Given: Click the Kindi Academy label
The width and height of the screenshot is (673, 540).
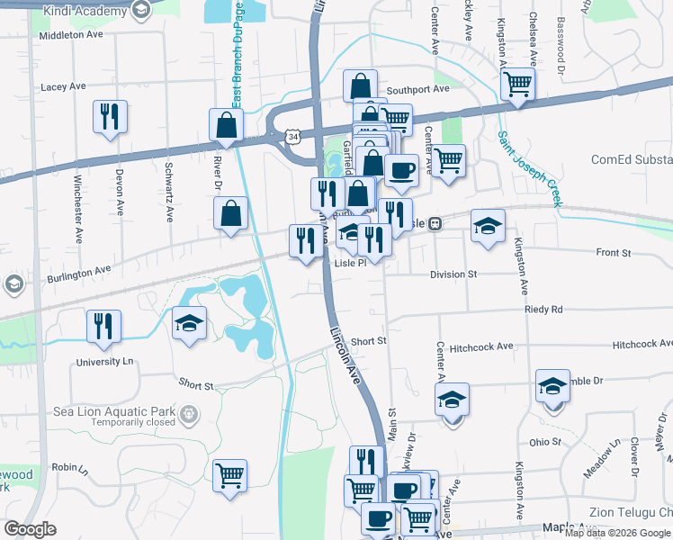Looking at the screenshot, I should (85, 10).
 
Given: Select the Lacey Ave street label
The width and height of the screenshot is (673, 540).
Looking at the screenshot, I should (63, 87).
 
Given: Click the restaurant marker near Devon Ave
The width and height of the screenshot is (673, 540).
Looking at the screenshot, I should (110, 117).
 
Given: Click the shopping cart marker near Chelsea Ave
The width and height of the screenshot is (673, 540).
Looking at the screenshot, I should (518, 85).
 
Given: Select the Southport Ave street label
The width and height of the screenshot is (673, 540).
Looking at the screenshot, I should (417, 90).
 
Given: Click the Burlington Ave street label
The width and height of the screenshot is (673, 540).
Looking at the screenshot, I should (80, 268).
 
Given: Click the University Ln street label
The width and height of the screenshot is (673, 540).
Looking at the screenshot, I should (104, 362).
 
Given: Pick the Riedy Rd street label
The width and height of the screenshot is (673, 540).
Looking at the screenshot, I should (543, 310).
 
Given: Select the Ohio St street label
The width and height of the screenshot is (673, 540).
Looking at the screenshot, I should (544, 442).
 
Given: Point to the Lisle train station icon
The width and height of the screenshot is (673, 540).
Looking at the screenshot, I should (434, 223).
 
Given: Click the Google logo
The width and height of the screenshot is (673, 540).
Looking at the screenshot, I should (31, 529).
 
